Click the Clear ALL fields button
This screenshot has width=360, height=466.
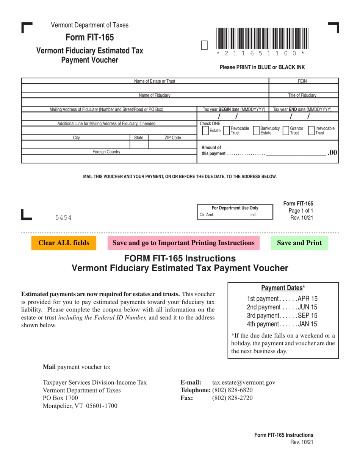pos(64,243)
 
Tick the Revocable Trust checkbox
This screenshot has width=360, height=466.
pos(227,131)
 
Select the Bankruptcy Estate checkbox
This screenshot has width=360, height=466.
pos(256,131)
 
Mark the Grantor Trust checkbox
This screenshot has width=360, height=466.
pos(286,131)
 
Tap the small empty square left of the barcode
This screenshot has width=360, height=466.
pos(204,45)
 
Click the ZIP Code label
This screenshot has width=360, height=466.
pos(172,138)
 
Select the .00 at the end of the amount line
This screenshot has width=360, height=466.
pos(332,152)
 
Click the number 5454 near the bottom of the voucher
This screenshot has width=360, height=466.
pos(63,217)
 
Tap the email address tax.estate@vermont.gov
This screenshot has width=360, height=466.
pos(244,383)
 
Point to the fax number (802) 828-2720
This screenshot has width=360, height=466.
pos(232,398)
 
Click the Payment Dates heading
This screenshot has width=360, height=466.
pos(283,288)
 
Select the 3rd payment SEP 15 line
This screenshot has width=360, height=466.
pos(282,315)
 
